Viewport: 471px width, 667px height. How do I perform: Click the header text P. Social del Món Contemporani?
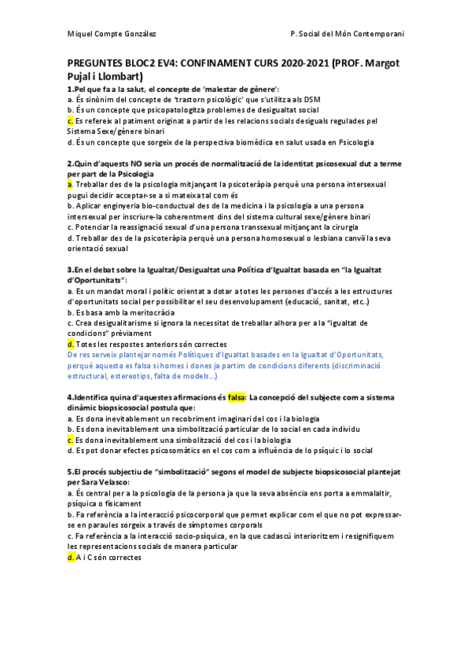point(347,35)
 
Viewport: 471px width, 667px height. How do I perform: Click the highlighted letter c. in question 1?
point(70,121)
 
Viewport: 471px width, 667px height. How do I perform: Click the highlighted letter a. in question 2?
point(70,183)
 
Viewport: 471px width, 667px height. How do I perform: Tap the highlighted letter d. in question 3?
point(71,344)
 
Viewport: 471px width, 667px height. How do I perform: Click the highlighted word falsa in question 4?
point(237,397)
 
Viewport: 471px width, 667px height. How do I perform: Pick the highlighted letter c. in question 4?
point(70,440)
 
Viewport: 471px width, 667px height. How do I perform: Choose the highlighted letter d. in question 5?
point(71,556)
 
